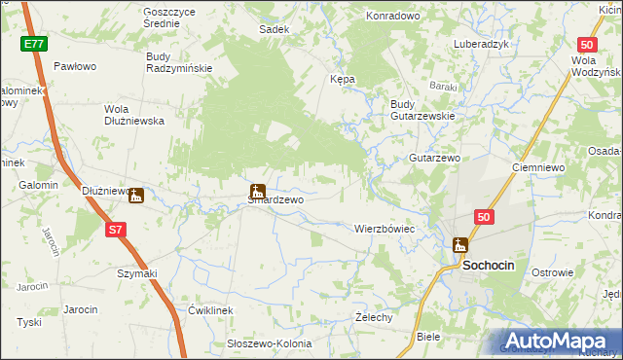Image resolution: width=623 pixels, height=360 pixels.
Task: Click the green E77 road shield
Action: [x=34, y=44]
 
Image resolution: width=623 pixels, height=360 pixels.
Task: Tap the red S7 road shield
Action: [x=116, y=230]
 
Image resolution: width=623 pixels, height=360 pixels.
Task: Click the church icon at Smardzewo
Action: [x=258, y=191]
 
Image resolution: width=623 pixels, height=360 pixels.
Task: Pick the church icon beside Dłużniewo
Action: [x=136, y=195]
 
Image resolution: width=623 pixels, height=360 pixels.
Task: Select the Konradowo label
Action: [x=391, y=16]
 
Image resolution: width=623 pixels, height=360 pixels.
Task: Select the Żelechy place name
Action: [x=374, y=317]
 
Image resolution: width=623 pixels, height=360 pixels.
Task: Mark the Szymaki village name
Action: [x=136, y=273]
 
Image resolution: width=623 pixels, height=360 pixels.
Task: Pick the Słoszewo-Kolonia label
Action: [x=269, y=344]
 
